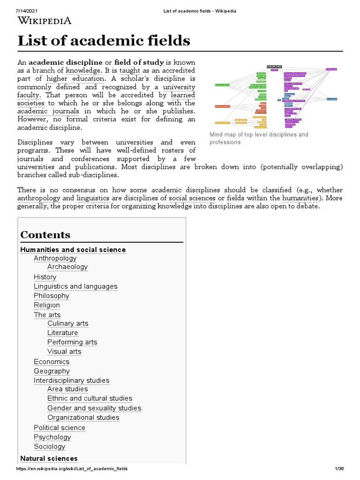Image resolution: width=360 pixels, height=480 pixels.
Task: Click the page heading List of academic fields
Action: point(104,41)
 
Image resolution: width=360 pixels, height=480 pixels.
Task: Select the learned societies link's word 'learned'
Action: point(180,95)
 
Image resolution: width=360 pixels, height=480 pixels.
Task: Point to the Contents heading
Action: point(45,235)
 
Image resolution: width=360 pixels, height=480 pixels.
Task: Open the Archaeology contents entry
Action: point(67,267)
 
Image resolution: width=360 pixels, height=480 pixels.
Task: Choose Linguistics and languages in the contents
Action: point(75,286)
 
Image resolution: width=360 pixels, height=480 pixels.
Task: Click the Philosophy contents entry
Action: point(52,296)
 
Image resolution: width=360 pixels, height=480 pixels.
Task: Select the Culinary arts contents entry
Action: point(67,323)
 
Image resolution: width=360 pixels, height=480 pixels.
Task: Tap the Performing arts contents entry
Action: point(72,342)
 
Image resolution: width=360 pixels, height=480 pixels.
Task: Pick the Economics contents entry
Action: point(52,362)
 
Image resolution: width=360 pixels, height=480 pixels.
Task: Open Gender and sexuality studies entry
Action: point(94,408)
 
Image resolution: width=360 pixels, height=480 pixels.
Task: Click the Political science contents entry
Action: point(60,428)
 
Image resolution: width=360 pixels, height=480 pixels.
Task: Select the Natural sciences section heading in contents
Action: point(49,458)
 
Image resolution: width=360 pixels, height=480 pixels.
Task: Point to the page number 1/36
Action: point(339,469)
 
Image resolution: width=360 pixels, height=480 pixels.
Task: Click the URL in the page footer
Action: point(72,469)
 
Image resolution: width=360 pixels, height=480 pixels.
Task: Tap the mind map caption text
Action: point(259,138)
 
